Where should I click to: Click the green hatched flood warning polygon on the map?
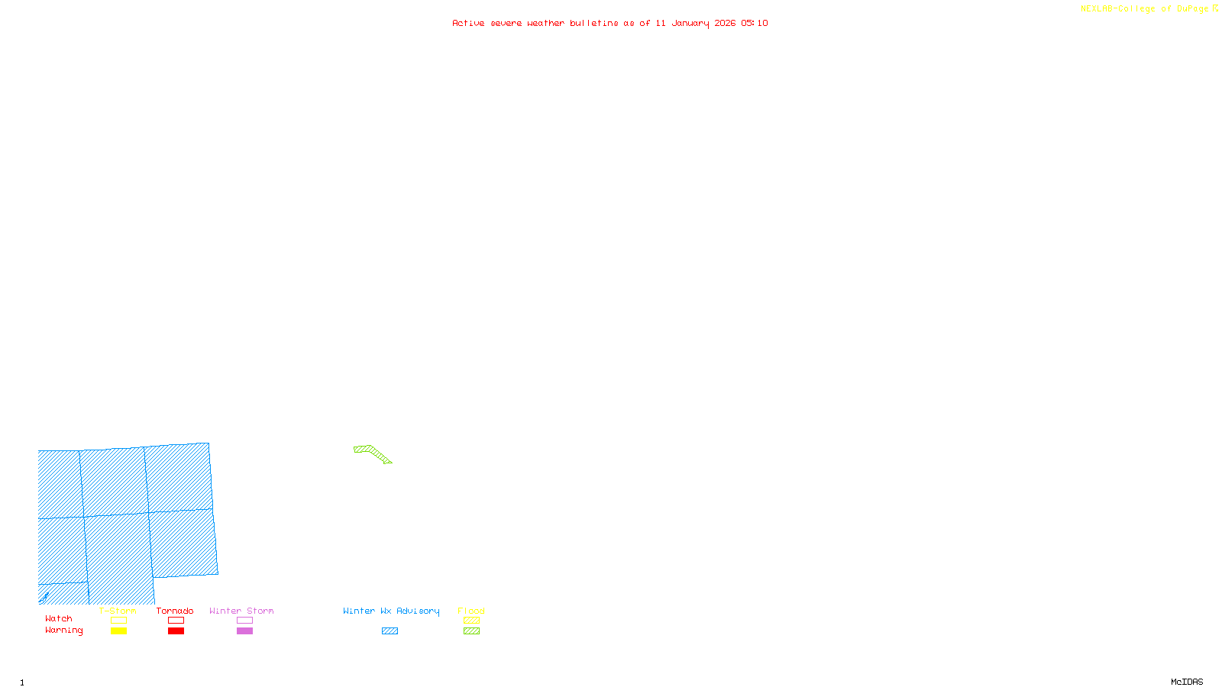coord(373,453)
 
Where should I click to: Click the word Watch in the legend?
coord(59,619)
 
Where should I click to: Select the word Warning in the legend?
coord(64,631)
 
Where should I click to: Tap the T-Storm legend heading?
coord(118,611)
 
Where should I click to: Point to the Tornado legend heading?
coord(175,611)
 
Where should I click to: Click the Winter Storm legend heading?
coord(241,611)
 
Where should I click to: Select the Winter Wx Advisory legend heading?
coord(391,611)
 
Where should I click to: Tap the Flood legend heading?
coord(471,611)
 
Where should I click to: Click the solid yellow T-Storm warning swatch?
coord(118,631)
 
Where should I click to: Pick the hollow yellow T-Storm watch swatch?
coord(118,621)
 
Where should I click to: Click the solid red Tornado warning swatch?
coord(176,631)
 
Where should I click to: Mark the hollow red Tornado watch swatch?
coord(176,621)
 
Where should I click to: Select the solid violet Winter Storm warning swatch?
coord(244,631)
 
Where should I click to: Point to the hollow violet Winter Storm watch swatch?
coord(244,621)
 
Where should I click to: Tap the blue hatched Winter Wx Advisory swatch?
coord(390,631)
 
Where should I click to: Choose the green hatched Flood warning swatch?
coord(471,631)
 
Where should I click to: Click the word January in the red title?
coord(690,23)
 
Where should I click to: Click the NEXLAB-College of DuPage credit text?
coord(1145,9)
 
